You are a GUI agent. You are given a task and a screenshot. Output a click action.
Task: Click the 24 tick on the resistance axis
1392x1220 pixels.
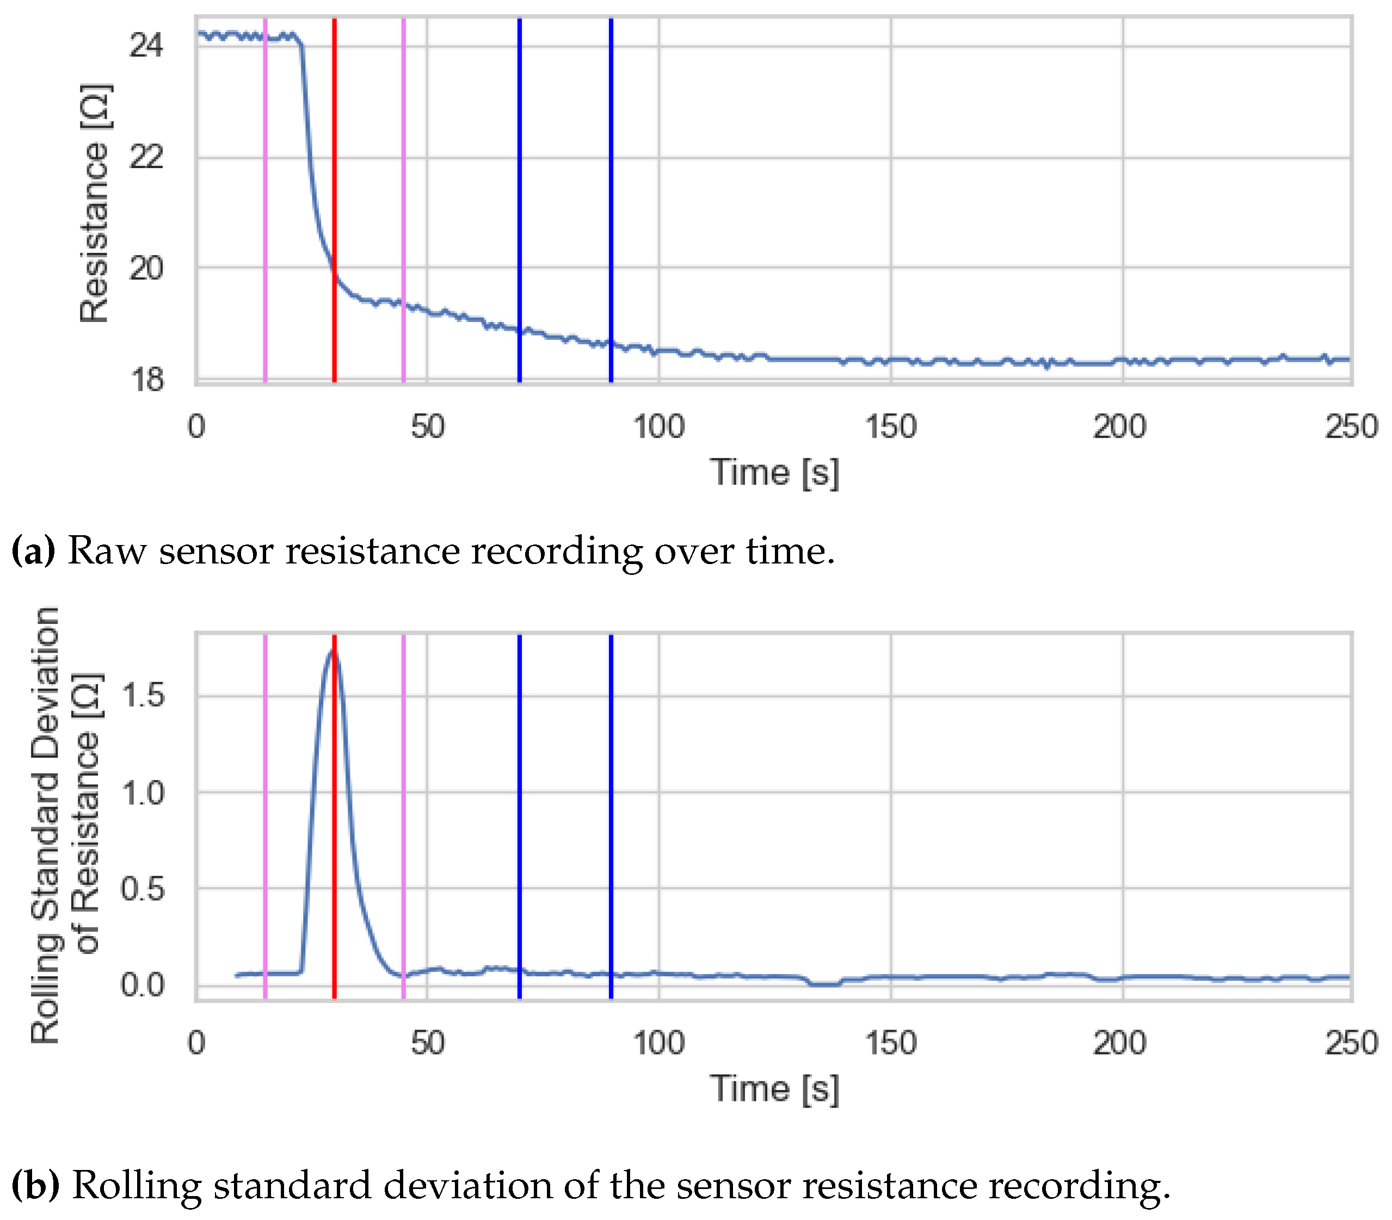pyautogui.click(x=146, y=46)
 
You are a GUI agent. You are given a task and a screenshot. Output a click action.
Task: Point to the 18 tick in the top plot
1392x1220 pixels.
pyautogui.click(x=146, y=379)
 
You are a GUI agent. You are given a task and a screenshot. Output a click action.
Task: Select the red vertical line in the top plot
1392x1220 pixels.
pyautogui.click(x=334, y=136)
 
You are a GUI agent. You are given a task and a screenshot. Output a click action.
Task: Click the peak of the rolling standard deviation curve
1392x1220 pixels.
pyautogui.click(x=333, y=651)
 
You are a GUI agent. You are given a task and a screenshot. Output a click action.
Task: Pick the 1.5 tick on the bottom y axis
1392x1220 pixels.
pyautogui.click(x=143, y=696)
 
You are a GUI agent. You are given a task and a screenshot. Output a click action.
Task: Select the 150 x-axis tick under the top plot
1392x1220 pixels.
pyautogui.click(x=890, y=428)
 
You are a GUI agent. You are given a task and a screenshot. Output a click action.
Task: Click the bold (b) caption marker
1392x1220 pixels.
pyautogui.click(x=35, y=1185)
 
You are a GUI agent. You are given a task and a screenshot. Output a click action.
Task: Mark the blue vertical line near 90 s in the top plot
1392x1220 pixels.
pyautogui.click(x=611, y=170)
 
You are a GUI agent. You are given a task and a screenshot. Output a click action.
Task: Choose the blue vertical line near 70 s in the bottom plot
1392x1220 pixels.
pyautogui.click(x=519, y=817)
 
